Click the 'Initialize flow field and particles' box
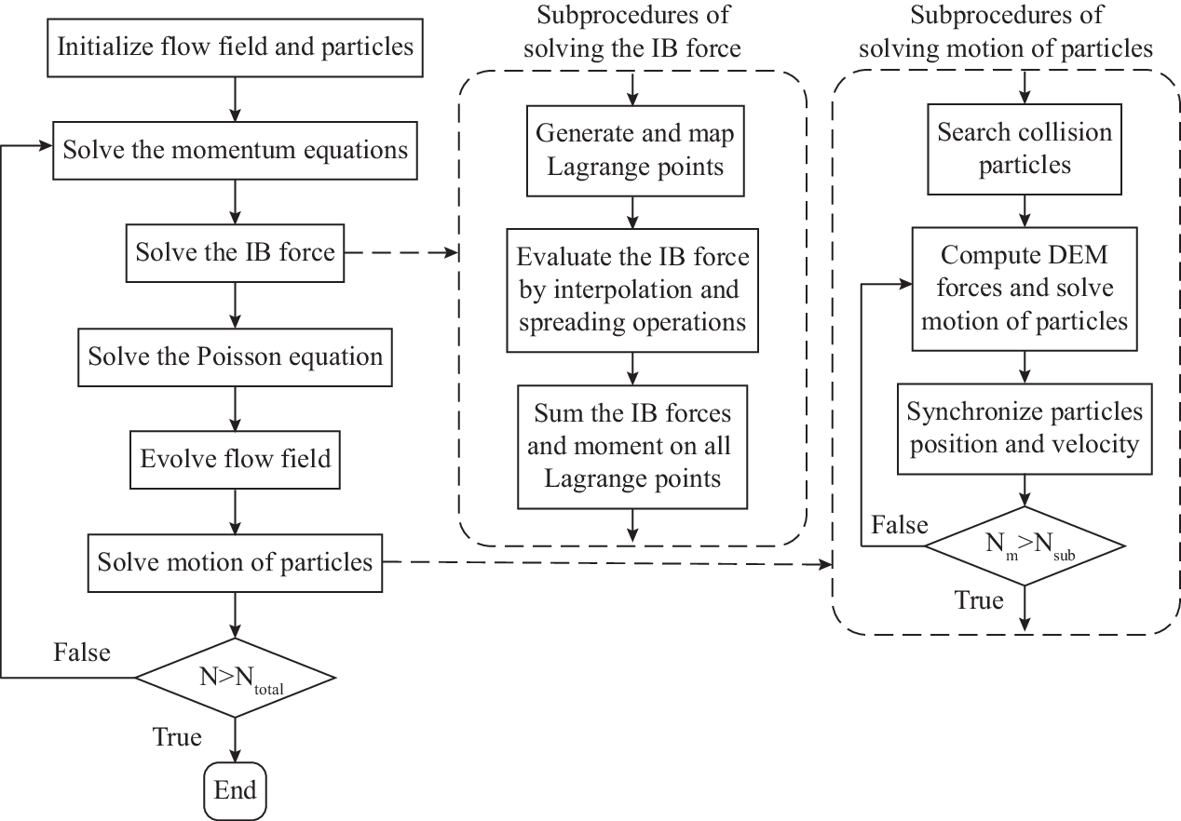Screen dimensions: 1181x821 (235, 48)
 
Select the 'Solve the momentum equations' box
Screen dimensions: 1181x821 (235, 151)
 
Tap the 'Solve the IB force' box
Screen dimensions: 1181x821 (235, 253)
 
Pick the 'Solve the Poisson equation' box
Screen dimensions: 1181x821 (235, 357)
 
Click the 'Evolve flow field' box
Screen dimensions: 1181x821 (235, 460)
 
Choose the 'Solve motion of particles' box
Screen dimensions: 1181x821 (235, 563)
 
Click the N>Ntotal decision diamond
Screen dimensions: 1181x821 (235, 678)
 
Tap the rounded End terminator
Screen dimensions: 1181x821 (235, 791)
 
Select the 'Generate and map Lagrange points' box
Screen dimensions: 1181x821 (635, 151)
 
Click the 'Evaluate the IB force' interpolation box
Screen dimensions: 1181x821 (632, 290)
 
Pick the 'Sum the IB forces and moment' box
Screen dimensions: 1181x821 (632, 447)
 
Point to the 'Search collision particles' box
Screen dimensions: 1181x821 (1025, 149)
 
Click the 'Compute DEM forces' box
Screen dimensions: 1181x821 (1025, 289)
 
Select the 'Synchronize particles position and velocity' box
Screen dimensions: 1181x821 (1025, 429)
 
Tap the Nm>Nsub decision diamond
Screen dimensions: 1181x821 (1025, 545)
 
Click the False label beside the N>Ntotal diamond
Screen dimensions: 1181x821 (82, 653)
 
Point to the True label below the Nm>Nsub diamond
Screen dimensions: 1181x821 (979, 600)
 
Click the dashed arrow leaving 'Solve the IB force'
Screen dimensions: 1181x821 (401, 253)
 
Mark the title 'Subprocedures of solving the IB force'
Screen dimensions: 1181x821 (632, 32)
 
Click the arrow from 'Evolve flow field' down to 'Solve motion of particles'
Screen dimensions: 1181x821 (235, 512)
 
